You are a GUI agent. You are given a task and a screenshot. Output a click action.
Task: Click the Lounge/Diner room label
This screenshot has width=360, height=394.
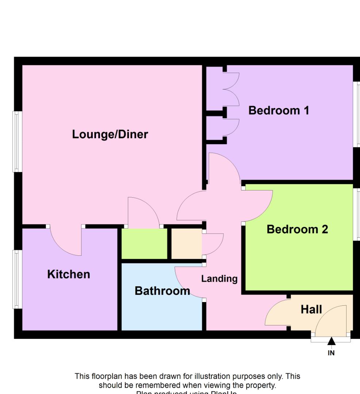tap(110, 134)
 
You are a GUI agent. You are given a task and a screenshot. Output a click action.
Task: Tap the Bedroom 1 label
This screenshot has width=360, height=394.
tap(279, 110)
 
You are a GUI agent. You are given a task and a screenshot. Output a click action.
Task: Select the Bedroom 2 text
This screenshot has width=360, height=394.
tap(297, 229)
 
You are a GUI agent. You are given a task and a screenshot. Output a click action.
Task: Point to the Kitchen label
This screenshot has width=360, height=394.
tap(69, 274)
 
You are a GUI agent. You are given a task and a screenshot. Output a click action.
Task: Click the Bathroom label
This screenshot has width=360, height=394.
tap(162, 291)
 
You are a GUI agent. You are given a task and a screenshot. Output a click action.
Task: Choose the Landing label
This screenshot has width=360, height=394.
tap(219, 279)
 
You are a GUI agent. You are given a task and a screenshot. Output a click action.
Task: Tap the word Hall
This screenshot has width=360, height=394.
tap(311, 309)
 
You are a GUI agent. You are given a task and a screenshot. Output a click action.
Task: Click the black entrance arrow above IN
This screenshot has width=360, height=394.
tap(331, 341)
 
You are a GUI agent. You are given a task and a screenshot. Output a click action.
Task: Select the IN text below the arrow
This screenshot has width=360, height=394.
tap(331, 353)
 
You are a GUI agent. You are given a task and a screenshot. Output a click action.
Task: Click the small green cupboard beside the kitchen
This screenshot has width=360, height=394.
tap(144, 244)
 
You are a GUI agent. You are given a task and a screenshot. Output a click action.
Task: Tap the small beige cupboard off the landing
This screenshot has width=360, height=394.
tap(186, 244)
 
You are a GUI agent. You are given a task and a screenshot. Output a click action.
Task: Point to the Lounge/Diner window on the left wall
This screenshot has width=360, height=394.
tap(16, 141)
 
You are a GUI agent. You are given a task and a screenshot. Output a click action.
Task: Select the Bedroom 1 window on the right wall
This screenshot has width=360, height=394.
tap(357, 114)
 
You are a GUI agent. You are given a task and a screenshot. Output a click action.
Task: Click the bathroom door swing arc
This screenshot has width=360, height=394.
tap(188, 283)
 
